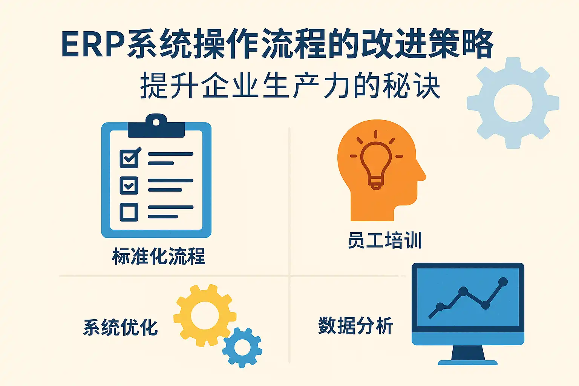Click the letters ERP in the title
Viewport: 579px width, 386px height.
tap(93, 44)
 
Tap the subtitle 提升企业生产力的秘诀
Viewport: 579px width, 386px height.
tap(290, 86)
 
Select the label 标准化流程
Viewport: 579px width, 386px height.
tap(158, 256)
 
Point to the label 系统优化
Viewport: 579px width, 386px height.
tap(121, 327)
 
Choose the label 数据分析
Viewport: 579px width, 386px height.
tap(356, 325)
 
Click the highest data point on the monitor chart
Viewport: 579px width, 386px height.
tap(503, 282)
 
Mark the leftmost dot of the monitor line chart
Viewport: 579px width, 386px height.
tap(440, 306)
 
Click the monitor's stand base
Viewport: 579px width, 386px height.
tap(467, 363)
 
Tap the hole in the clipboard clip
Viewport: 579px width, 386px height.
tap(156, 122)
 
